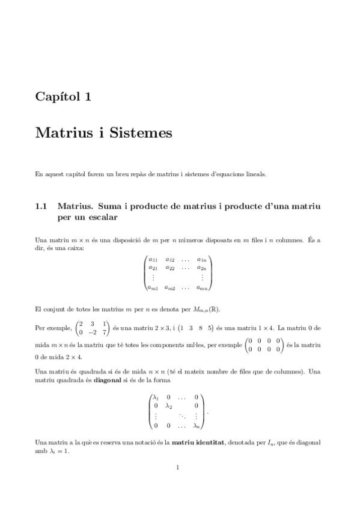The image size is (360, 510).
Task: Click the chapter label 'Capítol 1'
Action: [x=63, y=96]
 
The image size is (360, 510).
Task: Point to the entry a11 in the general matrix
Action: [x=154, y=260]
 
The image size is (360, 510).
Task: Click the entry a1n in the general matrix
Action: [x=202, y=260]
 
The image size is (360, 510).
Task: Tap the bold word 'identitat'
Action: [x=206, y=443]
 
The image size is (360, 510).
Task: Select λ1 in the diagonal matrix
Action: [x=156, y=398]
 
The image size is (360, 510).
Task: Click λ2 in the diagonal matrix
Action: [x=169, y=406]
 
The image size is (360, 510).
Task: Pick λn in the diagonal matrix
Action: [x=196, y=426]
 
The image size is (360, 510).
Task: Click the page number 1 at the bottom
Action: [x=178, y=467]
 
